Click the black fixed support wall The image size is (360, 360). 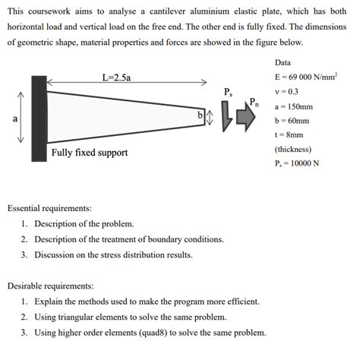click(39, 118)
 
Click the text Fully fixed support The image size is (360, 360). click(90, 153)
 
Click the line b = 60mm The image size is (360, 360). click(292, 120)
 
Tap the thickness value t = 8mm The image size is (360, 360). click(289, 134)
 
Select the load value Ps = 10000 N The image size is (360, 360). click(297, 163)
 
